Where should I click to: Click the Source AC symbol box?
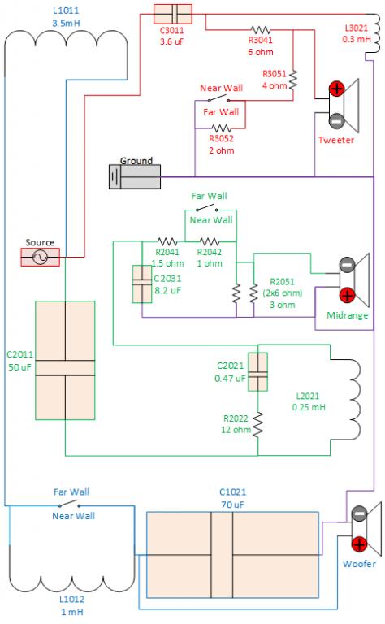click(x=40, y=257)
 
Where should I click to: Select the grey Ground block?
click(x=135, y=176)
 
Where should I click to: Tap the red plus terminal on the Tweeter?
click(x=336, y=89)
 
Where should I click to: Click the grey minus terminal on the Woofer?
click(x=359, y=513)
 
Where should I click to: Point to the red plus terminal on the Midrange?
click(x=347, y=295)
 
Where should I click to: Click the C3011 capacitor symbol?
click(x=173, y=14)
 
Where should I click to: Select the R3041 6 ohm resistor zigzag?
click(x=261, y=30)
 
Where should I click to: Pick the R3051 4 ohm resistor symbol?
click(x=293, y=80)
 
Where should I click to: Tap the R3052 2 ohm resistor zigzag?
click(x=221, y=128)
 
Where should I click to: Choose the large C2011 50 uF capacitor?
click(x=65, y=360)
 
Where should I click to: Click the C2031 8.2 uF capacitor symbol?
click(x=142, y=284)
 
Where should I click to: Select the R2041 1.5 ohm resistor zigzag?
click(x=167, y=241)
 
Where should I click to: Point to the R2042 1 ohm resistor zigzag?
click(x=210, y=241)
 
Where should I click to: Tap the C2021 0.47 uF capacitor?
click(x=257, y=372)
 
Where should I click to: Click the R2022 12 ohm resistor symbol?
click(x=257, y=425)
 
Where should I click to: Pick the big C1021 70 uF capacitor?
click(x=232, y=555)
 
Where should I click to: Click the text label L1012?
click(x=72, y=600)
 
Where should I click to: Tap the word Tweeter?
click(x=336, y=140)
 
